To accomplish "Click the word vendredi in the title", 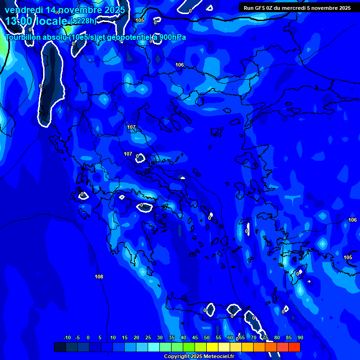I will (23, 10).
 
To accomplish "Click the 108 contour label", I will (99, 277).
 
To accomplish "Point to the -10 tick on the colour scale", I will (66, 338).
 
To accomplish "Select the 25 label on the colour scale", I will (148, 338).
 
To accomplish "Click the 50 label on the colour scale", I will (207, 338).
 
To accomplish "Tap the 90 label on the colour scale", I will (300, 338).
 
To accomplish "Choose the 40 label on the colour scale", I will (183, 338).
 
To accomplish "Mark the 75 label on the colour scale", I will (265, 338).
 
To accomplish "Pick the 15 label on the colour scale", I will (125, 338).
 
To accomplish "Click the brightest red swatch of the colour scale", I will (294, 347).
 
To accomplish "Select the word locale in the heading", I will (52, 21).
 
